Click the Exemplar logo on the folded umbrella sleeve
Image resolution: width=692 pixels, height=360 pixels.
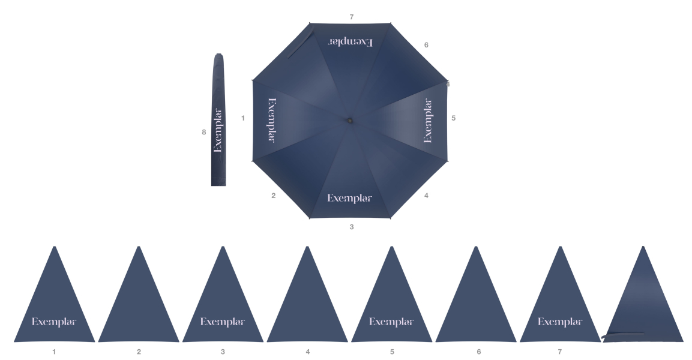point(218,130)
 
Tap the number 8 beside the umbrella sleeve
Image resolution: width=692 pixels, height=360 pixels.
point(204,133)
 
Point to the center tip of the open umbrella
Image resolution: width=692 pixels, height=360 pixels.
point(349,120)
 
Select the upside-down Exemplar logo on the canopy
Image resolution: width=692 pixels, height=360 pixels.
point(350,41)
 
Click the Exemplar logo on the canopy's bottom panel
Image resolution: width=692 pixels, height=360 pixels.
point(349,199)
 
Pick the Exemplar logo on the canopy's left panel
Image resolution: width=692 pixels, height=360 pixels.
point(272,119)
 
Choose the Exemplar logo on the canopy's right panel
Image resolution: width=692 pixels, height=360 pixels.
point(428,121)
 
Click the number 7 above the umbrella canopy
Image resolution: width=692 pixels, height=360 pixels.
point(352,17)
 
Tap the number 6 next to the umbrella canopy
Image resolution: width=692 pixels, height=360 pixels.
point(426,45)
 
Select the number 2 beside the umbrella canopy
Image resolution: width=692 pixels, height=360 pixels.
point(273,196)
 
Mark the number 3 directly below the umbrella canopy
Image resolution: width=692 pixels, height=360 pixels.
point(352,227)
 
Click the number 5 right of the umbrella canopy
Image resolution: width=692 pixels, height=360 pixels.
point(454,118)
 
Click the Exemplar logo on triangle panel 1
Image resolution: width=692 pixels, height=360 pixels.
point(54,322)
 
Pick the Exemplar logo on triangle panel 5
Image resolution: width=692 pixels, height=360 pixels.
point(391,322)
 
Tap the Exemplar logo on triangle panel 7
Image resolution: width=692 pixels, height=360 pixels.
point(560,322)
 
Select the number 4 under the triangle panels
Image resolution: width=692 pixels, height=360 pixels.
point(308,352)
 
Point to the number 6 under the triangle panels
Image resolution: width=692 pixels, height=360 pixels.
point(478,352)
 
